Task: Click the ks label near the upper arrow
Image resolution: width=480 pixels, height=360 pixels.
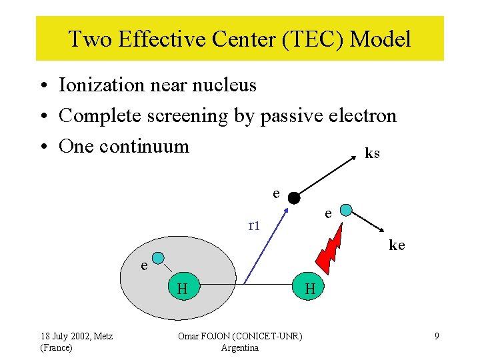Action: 372,153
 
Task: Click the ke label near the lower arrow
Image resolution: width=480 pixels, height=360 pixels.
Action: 397,245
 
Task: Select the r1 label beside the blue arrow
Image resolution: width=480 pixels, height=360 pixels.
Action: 254,225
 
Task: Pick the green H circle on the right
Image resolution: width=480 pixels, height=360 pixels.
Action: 309,288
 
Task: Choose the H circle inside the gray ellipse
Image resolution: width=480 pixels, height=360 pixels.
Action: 181,288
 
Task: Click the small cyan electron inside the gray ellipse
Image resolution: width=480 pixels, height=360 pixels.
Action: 158,259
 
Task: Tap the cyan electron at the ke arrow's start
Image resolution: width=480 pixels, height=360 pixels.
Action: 346,211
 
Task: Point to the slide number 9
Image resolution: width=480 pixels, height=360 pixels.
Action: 437,337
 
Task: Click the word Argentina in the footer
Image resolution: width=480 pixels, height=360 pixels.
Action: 239,347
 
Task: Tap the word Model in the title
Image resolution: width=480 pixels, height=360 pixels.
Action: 381,39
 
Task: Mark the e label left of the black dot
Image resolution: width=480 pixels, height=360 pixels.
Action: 276,193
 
